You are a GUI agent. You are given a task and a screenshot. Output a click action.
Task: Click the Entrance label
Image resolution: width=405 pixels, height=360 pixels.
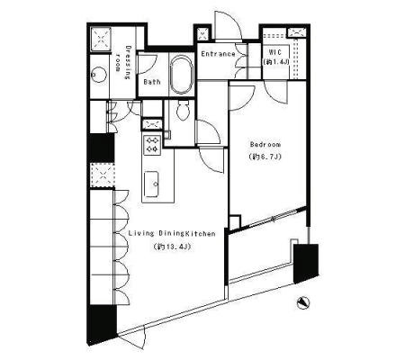[218, 54]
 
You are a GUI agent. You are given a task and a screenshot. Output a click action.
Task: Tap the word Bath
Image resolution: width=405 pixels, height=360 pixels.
[152, 82]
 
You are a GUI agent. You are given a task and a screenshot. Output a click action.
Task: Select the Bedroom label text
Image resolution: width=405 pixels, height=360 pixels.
[265, 145]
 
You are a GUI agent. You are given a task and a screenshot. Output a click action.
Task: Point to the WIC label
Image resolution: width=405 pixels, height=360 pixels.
[275, 52]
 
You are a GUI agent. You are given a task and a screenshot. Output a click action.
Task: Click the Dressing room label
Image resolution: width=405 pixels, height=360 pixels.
[123, 62]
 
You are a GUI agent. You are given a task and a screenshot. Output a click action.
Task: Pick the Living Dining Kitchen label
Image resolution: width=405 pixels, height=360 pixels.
[172, 233]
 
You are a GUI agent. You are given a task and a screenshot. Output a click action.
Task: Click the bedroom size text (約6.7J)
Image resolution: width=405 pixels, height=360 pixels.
[265, 157]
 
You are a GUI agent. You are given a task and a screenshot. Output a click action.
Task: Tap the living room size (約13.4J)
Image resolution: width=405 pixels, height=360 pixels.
[172, 247]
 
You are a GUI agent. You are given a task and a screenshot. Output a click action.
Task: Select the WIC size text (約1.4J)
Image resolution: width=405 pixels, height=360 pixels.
[275, 62]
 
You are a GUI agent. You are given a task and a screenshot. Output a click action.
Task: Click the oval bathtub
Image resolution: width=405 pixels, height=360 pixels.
[182, 75]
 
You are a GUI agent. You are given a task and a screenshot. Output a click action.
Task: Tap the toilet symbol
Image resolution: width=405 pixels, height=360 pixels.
[183, 109]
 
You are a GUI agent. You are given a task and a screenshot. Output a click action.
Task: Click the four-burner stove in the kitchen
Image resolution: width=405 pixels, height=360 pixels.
[152, 144]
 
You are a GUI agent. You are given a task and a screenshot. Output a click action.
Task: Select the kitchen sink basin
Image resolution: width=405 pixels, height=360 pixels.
[152, 184]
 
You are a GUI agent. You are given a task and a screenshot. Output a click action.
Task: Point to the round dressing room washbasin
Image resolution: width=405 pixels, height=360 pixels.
[99, 74]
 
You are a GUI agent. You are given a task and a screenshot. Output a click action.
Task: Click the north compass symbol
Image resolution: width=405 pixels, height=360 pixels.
[302, 302]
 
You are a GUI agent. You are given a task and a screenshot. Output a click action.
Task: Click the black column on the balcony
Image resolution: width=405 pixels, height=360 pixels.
[306, 264]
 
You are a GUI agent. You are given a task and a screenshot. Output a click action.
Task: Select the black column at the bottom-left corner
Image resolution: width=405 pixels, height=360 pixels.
[102, 325]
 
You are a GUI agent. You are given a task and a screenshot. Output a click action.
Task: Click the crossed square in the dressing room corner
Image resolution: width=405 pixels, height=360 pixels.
[101, 39]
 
